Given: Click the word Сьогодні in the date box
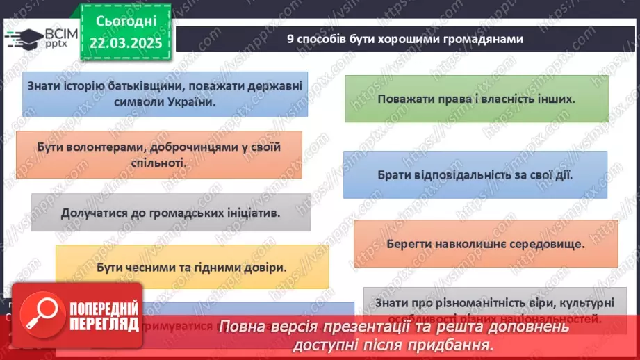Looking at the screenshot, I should [126, 22].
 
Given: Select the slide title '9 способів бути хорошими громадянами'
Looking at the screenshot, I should [404, 39].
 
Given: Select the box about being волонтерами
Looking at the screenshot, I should [158, 154].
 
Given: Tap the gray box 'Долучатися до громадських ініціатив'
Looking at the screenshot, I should [170, 212].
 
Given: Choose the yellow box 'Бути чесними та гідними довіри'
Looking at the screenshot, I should [191, 267].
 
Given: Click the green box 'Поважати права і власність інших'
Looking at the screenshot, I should [476, 99].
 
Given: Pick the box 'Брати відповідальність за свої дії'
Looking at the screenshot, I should [475, 174].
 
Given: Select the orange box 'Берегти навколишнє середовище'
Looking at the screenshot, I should [485, 243].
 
